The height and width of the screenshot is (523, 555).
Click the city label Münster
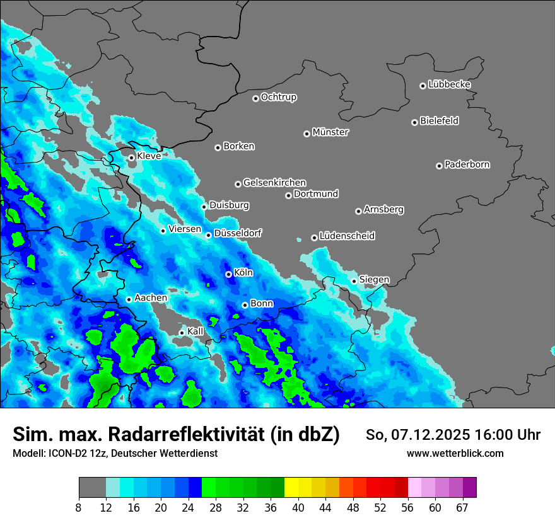pos(330,132)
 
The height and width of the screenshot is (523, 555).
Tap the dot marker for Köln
pos(228,274)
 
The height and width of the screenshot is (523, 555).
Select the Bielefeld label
pos(439,121)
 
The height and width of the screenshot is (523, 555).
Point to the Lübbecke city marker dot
pos(423,86)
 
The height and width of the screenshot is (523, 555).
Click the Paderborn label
pos(467,164)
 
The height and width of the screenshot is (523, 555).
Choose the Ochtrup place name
pos(278,97)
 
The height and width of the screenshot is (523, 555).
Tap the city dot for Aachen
pos(129,299)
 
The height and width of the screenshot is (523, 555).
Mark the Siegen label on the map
pos(374,279)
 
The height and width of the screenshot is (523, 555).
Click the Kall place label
pos(196,331)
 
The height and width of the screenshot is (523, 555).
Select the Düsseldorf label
pos(238,233)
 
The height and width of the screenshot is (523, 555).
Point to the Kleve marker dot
pos(131,158)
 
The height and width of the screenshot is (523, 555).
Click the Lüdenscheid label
pos(347,236)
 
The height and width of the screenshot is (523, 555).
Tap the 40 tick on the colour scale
pos(298,508)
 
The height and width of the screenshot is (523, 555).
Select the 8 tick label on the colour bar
pos(79,508)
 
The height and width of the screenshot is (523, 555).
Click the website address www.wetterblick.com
pos(455,454)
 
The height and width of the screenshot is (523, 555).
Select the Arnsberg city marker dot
pos(358,211)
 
